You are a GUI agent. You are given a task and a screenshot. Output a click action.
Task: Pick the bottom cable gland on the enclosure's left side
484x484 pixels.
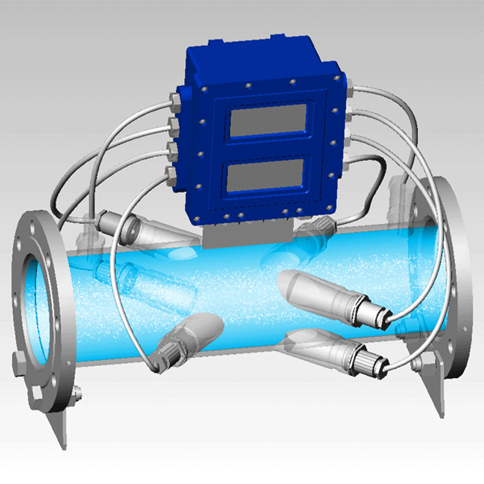pyautogui.click(x=171, y=175)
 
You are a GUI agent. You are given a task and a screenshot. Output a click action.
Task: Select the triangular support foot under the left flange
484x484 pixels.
pyautogui.click(x=57, y=423)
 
